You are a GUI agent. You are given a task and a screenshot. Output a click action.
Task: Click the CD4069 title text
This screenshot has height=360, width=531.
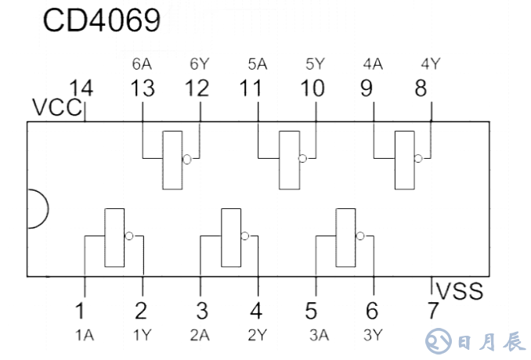(102, 20)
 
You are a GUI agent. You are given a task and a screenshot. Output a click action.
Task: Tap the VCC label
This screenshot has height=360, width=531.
(56, 107)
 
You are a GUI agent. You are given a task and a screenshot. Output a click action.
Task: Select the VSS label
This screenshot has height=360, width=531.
(460, 292)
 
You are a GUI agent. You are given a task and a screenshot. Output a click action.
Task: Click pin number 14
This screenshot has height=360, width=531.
(81, 88)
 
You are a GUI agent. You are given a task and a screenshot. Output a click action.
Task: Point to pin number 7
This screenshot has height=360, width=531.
(433, 311)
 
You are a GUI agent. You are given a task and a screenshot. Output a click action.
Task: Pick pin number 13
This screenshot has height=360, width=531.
(143, 88)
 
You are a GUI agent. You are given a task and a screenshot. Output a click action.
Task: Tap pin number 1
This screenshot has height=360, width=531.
(81, 311)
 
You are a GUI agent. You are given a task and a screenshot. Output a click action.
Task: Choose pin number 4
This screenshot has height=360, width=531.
(256, 311)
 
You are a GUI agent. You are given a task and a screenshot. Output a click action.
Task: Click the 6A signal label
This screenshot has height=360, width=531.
(142, 63)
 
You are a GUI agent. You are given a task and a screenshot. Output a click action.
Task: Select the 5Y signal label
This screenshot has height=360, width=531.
(313, 63)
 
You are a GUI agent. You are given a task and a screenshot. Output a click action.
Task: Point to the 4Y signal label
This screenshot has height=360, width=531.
(430, 63)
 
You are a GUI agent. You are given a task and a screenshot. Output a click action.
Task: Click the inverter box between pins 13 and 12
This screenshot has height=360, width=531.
(172, 160)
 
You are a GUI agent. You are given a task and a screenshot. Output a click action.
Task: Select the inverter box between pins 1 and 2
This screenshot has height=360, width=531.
(114, 236)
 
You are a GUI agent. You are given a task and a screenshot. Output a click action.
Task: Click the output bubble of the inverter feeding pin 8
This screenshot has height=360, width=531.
(418, 159)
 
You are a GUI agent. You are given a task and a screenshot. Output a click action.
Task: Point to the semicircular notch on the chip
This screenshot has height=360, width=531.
(36, 208)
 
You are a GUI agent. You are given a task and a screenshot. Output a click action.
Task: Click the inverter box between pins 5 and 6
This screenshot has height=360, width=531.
(345, 236)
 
